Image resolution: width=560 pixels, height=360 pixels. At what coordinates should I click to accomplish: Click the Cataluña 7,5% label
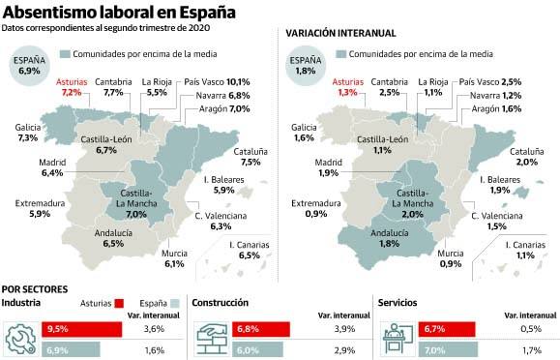[251, 157]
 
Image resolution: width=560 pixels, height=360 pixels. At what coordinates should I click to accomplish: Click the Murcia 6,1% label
[174, 258]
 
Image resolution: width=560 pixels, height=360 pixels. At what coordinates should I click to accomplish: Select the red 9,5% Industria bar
[81, 329]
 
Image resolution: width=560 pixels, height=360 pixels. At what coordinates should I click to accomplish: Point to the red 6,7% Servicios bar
[446, 329]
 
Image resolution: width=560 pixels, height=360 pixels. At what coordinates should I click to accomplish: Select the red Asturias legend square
[120, 303]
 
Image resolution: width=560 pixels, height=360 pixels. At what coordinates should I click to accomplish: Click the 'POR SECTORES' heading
[36, 288]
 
